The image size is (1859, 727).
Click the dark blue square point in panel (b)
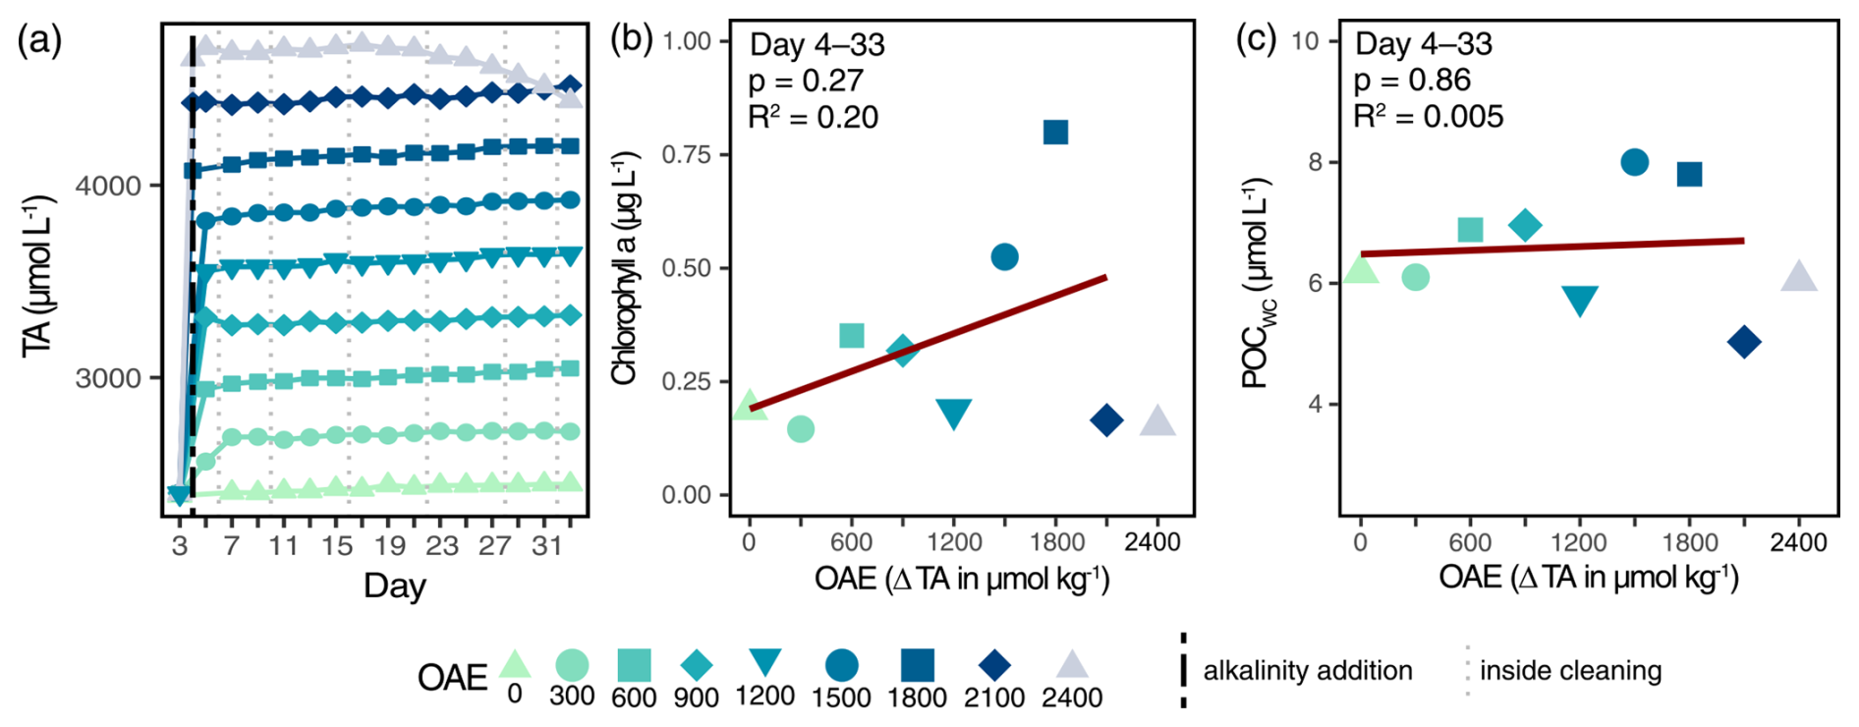1055,133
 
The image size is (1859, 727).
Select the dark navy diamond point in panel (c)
1744,343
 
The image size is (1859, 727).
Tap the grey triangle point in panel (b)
1157,421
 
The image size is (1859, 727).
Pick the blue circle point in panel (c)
1634,162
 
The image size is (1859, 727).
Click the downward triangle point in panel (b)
954,414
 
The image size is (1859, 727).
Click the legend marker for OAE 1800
918,665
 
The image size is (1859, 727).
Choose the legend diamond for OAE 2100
995,665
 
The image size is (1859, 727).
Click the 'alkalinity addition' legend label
1307,671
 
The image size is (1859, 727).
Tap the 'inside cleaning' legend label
1570,671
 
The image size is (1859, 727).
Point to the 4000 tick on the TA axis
108,186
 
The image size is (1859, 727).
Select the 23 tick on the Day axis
442,545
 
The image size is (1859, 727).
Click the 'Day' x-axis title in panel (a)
395,586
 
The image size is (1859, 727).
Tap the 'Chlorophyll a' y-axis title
625,267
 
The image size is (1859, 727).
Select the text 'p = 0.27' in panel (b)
806,81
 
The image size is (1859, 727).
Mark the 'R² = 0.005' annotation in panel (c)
1428,117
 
